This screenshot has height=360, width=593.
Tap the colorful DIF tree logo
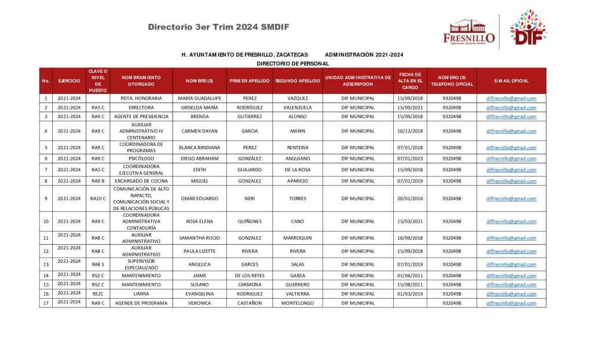[x=528, y=28]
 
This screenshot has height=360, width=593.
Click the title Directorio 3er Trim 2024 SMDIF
[x=218, y=27]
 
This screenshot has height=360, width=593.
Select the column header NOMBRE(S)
[x=199, y=81]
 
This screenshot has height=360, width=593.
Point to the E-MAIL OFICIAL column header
[x=511, y=81]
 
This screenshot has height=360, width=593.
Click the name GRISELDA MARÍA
[x=199, y=108]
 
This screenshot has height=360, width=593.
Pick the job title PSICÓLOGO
[x=141, y=159]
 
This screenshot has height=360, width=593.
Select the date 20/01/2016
[x=410, y=199]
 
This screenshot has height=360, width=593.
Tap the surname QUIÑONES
[x=250, y=221]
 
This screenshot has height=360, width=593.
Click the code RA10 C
[x=98, y=199]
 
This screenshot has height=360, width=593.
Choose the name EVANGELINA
[x=199, y=294]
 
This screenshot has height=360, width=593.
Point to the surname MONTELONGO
[x=297, y=303]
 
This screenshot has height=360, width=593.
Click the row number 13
[x=46, y=265]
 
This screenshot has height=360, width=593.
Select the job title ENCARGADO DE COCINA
[x=141, y=181]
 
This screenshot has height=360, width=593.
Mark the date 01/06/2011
[x=410, y=276]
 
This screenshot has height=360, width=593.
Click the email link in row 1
[x=511, y=98]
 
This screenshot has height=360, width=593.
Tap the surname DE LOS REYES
[x=250, y=276]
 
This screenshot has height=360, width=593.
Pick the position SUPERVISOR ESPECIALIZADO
[x=141, y=265]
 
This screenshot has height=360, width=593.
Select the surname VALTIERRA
[x=297, y=294]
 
